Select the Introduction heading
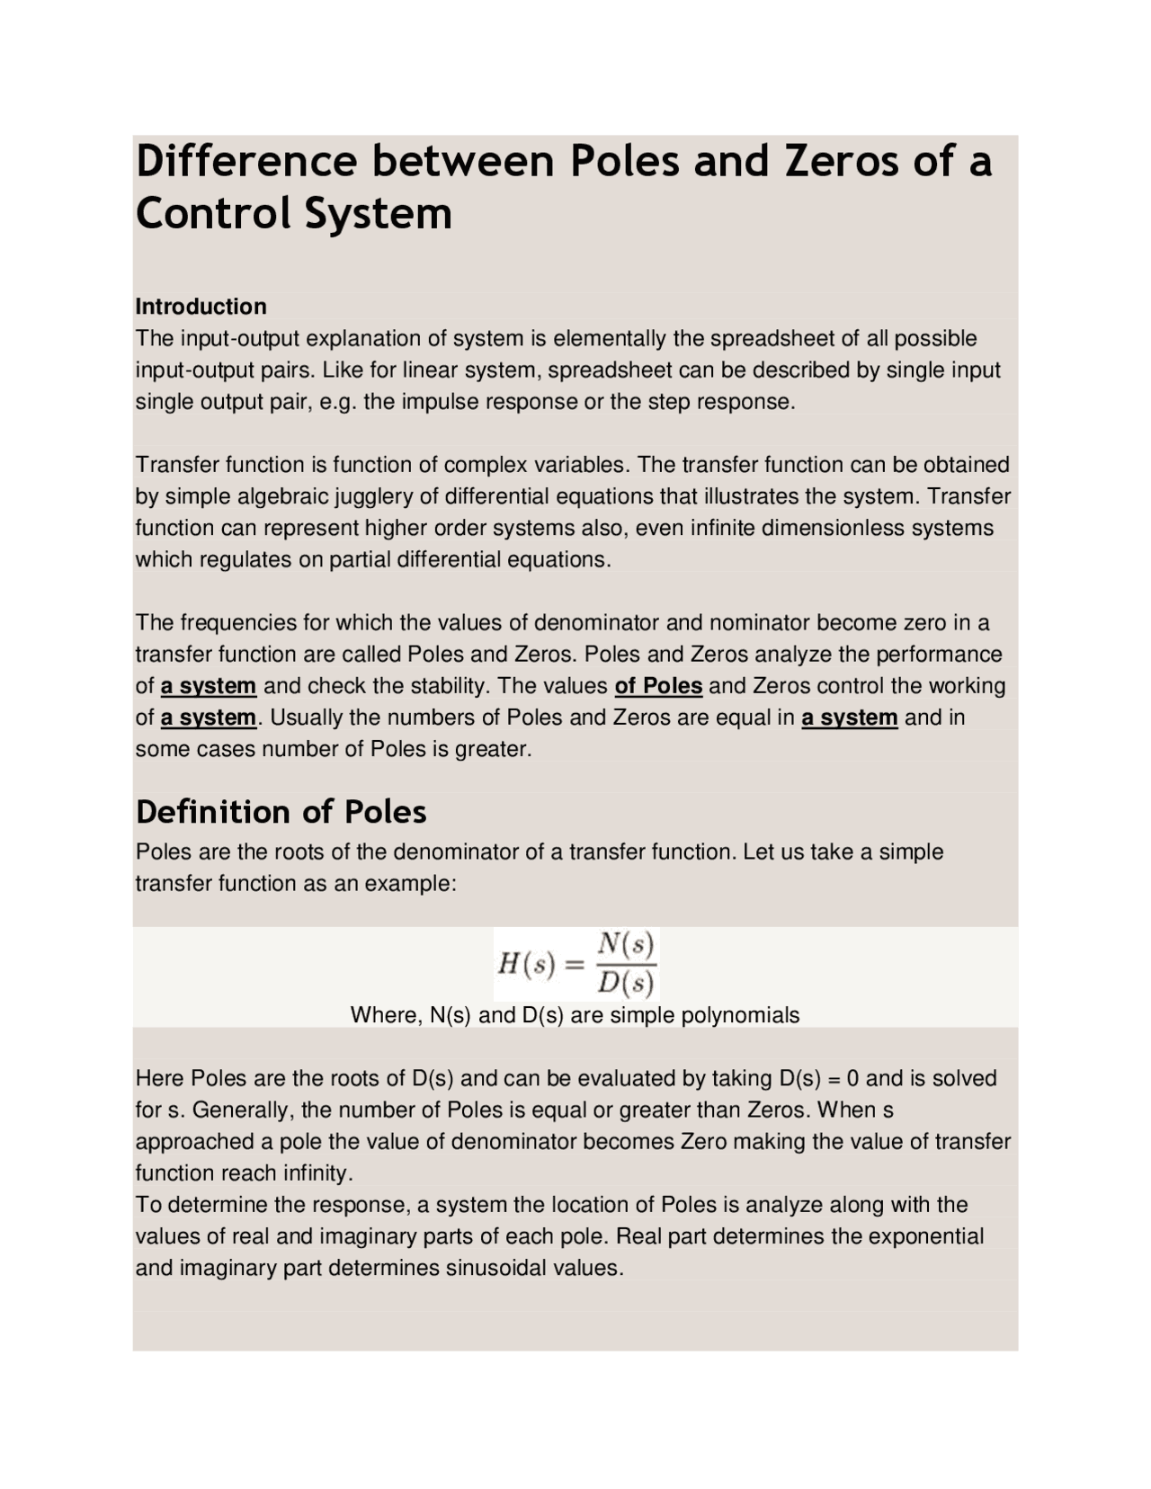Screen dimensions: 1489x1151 click(201, 307)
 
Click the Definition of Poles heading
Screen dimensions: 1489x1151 click(281, 812)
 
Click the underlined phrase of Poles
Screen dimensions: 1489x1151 click(658, 686)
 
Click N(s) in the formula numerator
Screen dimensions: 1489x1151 click(626, 943)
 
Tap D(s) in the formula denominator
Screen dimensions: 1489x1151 click(626, 984)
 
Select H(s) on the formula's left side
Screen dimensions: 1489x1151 click(527, 965)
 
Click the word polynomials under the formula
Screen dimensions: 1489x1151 click(740, 1016)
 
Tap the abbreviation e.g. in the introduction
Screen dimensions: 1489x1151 click(338, 402)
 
